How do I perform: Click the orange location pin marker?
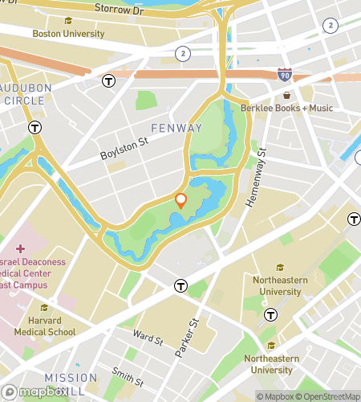[x=181, y=201]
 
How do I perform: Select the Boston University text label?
[x=68, y=34]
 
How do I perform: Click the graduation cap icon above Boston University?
[x=68, y=21]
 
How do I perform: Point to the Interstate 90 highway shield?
[x=284, y=74]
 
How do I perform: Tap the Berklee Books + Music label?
[x=286, y=108]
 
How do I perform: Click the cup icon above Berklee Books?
[x=286, y=95]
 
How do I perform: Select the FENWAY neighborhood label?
[x=170, y=128]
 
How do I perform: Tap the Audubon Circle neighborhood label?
[x=24, y=94]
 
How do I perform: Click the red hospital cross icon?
[x=20, y=248]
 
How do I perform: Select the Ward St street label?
[x=148, y=338]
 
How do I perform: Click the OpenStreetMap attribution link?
[x=329, y=396]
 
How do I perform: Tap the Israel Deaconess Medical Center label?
[x=32, y=274]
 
